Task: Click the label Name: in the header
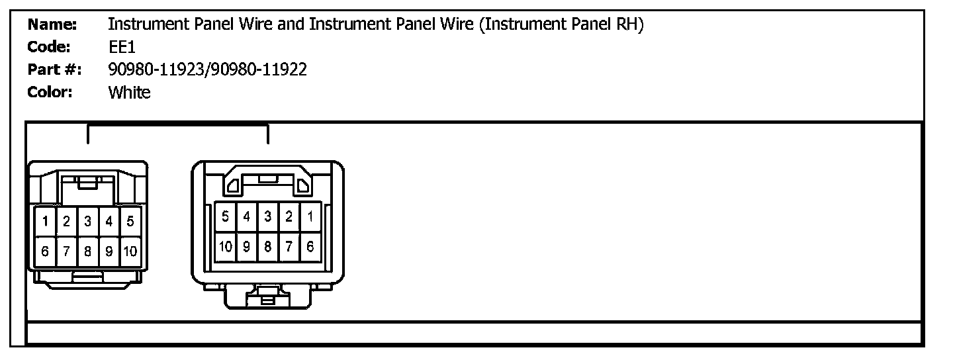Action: pos(52,25)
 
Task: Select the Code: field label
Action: pos(49,48)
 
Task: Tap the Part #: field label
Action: pos(54,69)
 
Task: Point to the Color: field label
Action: pos(50,92)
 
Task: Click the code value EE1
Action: pos(122,48)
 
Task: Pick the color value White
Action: pos(129,92)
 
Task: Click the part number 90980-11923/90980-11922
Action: pos(207,69)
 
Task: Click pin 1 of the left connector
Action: pos(45,222)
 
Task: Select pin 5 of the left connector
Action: pos(130,222)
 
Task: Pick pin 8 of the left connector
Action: pos(87,251)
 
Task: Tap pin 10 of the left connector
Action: pos(130,251)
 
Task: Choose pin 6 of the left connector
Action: pos(45,251)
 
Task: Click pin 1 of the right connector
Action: pos(310,216)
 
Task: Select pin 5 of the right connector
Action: pos(226,216)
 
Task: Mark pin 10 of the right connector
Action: pos(226,247)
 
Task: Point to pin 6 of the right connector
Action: pos(310,247)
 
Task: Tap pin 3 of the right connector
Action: pos(267,216)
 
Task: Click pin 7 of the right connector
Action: pos(289,247)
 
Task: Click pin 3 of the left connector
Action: pos(87,222)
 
